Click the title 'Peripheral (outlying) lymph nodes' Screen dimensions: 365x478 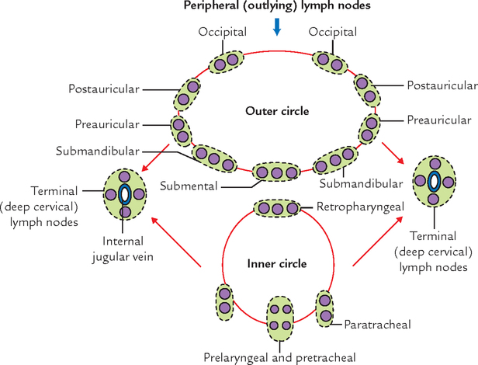pyautogui.click(x=277, y=8)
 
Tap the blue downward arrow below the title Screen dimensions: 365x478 pyautogui.click(x=277, y=27)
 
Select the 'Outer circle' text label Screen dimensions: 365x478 pyautogui.click(x=277, y=111)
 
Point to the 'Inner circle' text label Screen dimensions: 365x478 pyautogui.click(x=277, y=263)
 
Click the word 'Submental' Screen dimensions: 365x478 pyautogui.click(x=189, y=186)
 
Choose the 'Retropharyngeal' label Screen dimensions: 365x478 pyautogui.click(x=354, y=207)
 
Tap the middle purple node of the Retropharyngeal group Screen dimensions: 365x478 pyautogui.click(x=277, y=208)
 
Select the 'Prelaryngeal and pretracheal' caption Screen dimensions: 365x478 pyautogui.click(x=279, y=357)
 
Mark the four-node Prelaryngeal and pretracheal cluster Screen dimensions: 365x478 pyautogui.click(x=279, y=317)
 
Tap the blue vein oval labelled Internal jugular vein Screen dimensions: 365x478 pyautogui.click(x=124, y=193)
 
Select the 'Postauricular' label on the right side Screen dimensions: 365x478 pyautogui.click(x=441, y=85)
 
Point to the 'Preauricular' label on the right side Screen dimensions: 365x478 pyautogui.click(x=438, y=120)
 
